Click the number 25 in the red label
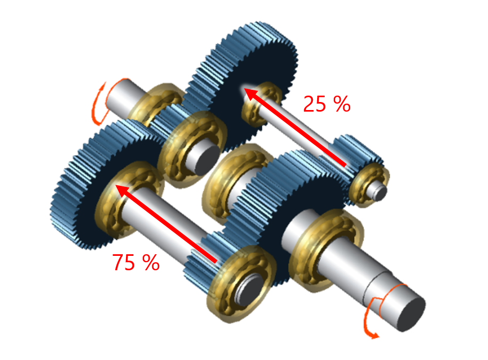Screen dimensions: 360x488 pyautogui.click(x=314, y=104)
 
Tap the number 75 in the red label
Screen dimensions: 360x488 pyautogui.click(x=124, y=262)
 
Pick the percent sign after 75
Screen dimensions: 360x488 pyautogui.click(x=149, y=262)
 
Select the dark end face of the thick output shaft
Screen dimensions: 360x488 pyautogui.click(x=411, y=312)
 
